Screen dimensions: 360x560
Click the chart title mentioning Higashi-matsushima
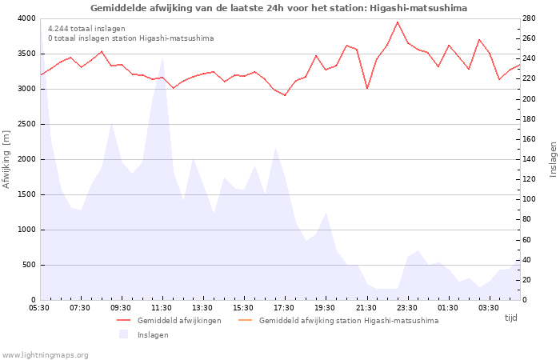click(279, 7)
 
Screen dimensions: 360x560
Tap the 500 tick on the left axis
click(29, 265)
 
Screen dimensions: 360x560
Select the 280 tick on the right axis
click(530, 18)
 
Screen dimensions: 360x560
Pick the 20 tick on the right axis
click(528, 280)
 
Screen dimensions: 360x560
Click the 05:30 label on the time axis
click(39, 307)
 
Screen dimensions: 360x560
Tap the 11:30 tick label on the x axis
click(162, 307)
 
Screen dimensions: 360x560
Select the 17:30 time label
click(284, 307)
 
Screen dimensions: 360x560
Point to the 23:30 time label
click(406, 307)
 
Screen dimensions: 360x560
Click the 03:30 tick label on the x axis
click(488, 307)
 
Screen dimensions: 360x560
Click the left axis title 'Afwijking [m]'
click(7, 159)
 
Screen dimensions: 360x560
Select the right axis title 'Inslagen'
click(552, 159)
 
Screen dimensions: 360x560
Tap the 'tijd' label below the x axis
click(510, 318)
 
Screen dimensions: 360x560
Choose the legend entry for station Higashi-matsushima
click(348, 321)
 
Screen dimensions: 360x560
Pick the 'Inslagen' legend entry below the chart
click(152, 334)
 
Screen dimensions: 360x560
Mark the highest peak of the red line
click(398, 22)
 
